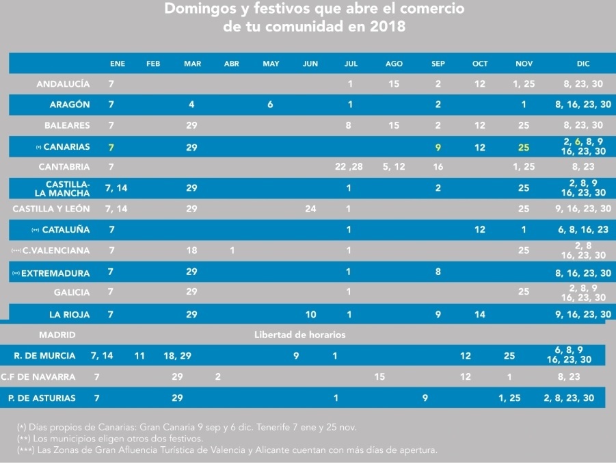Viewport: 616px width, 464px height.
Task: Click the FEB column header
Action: pyautogui.click(x=153, y=64)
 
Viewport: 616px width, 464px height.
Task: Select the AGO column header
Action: pyautogui.click(x=394, y=64)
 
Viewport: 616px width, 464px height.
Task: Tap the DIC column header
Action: pyautogui.click(x=583, y=64)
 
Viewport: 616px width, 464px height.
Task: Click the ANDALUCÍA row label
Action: pyautogui.click(x=63, y=83)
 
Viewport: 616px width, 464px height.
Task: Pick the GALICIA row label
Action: pyautogui.click(x=72, y=292)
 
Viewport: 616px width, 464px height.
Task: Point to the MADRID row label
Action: pyautogui.click(x=57, y=335)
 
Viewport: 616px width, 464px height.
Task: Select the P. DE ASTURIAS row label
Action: pyautogui.click(x=42, y=398)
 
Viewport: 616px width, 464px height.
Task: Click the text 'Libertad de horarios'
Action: pyautogui.click(x=299, y=335)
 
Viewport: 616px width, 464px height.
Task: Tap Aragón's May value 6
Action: pyautogui.click(x=270, y=105)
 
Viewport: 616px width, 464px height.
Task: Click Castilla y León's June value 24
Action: pyautogui.click(x=310, y=209)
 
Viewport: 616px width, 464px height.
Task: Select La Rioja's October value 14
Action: pyautogui.click(x=480, y=315)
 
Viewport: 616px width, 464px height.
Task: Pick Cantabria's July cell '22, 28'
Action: pyautogui.click(x=349, y=167)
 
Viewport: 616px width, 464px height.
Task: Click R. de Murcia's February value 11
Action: pyautogui.click(x=139, y=357)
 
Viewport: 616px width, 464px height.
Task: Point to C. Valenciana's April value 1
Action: pyautogui.click(x=232, y=250)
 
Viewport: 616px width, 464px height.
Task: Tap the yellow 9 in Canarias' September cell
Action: pyautogui.click(x=438, y=147)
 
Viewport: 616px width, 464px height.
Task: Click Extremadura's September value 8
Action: pyautogui.click(x=438, y=272)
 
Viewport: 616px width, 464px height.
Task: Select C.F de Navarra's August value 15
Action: pyautogui.click(x=379, y=376)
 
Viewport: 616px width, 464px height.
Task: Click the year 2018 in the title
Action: pyautogui.click(x=388, y=26)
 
